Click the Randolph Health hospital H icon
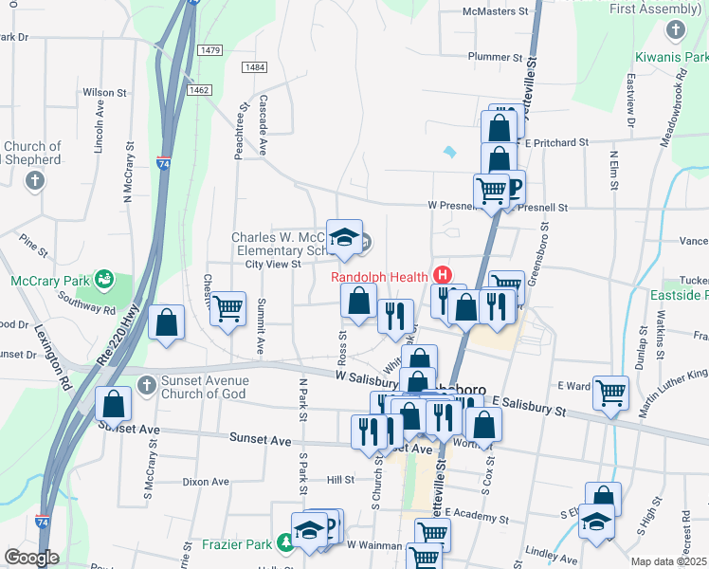point(442,276)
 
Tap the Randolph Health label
point(379,277)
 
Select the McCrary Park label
point(46,281)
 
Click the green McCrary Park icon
point(104,280)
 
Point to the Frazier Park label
point(236,544)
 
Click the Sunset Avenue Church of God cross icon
point(146,385)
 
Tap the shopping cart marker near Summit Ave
point(227,307)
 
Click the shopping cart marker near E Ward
point(611,391)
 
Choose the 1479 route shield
point(210,49)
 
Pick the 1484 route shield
point(254,67)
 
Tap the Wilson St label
point(105,93)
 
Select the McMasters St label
point(495,11)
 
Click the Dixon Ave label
point(207,482)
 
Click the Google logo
point(32,558)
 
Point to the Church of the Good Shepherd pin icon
point(35,180)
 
